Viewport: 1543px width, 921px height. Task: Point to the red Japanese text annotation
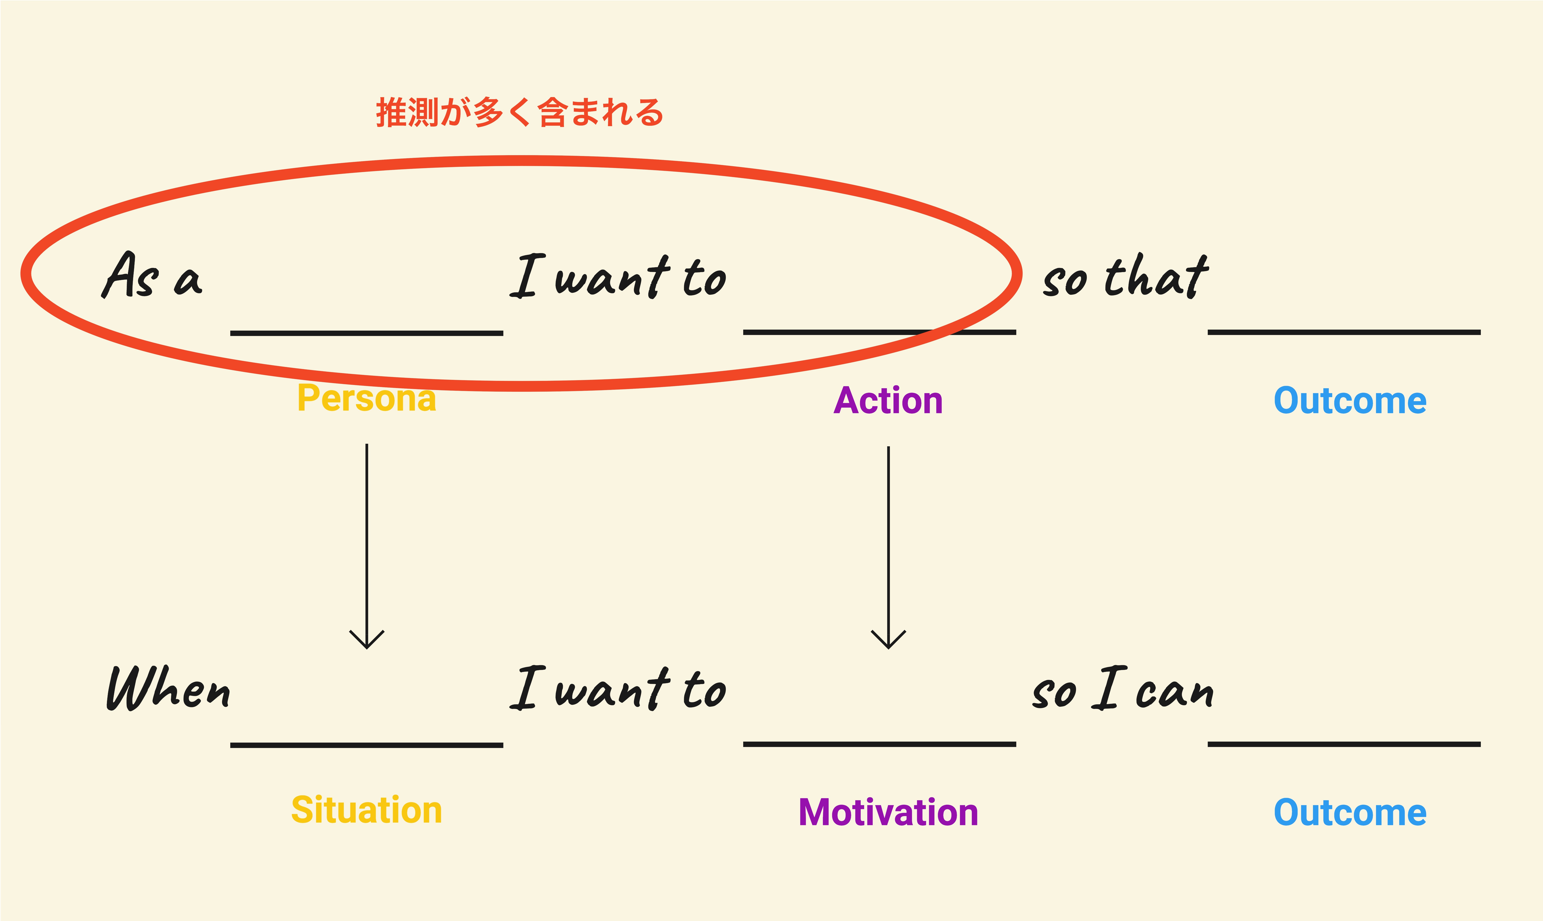coord(520,112)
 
